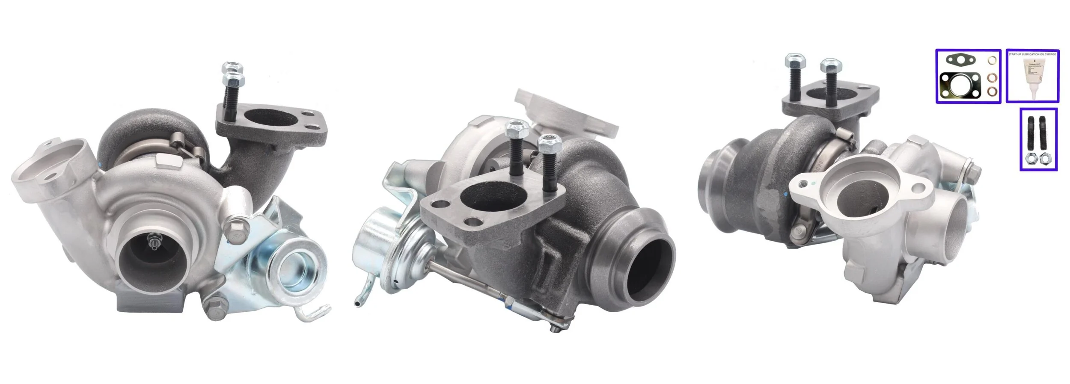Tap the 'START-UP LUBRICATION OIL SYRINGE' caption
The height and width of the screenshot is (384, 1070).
(x=1032, y=54)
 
